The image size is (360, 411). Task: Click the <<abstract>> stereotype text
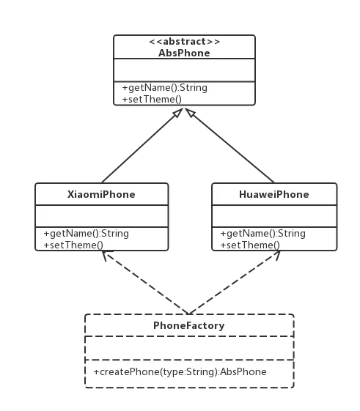[185, 42]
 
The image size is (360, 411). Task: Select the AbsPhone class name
[184, 53]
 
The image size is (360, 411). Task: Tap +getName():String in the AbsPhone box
[164, 87]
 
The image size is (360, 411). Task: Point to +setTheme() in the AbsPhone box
[152, 100]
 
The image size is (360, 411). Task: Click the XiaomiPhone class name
[101, 194]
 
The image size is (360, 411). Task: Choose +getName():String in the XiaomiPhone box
[86, 233]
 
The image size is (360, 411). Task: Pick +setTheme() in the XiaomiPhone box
[73, 245]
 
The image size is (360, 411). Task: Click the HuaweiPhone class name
[274, 194]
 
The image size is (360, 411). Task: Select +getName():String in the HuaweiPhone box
[262, 233]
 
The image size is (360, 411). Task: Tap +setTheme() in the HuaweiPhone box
[250, 245]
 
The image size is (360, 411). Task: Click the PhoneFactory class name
[189, 325]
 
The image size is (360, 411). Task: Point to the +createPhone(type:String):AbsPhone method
[180, 372]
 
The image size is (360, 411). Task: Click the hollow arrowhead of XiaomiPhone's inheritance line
[178, 113]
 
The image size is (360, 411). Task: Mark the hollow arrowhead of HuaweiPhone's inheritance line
[190, 113]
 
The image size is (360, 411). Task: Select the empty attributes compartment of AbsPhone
[184, 70]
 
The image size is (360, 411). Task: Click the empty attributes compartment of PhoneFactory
[189, 348]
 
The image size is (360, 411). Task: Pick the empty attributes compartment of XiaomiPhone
[101, 216]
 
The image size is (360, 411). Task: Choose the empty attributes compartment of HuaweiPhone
[274, 216]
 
